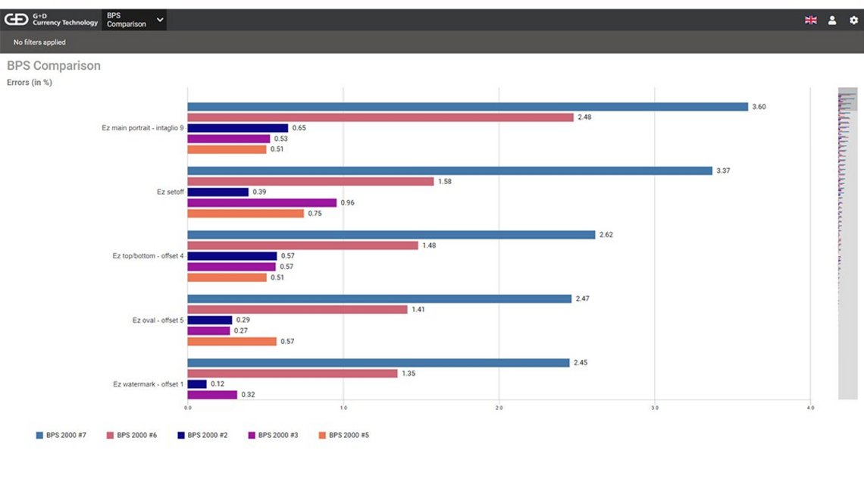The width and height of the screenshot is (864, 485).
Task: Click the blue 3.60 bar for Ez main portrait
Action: (468, 107)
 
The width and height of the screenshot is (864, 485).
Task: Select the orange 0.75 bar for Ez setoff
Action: (246, 214)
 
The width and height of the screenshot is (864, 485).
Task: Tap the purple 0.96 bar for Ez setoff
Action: (262, 203)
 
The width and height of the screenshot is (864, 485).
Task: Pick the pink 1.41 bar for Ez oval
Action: (297, 310)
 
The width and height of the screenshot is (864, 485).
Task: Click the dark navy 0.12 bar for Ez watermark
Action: (197, 384)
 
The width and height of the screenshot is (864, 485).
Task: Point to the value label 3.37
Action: (725, 171)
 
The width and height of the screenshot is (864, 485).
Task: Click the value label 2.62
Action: (606, 235)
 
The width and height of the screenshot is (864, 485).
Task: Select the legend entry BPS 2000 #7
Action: (61, 436)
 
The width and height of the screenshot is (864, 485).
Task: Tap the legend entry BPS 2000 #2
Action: (202, 436)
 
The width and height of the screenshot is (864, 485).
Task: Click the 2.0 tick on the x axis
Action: (499, 408)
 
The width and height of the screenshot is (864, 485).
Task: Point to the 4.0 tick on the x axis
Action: (810, 408)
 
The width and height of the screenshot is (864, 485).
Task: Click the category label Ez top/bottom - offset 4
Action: (148, 256)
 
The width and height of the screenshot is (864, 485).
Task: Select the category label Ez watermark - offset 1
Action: (148, 384)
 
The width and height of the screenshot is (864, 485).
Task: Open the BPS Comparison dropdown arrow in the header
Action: (160, 20)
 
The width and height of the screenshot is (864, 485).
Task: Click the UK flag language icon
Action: (811, 20)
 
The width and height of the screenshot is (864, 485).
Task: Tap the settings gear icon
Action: (854, 20)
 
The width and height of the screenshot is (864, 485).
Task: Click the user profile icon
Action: (832, 20)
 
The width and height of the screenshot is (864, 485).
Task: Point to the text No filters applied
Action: (39, 42)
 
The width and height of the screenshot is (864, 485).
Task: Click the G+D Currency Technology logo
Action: (52, 20)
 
